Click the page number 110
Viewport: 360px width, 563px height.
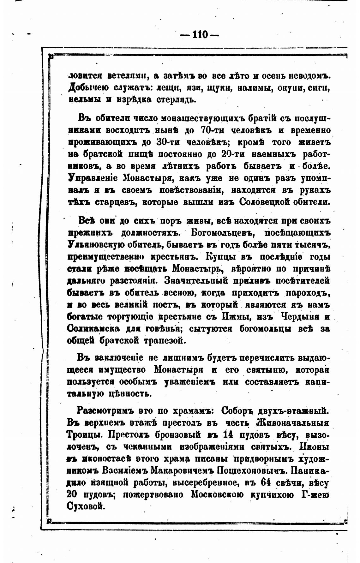tap(200, 34)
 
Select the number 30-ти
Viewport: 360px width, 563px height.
tap(168, 142)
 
